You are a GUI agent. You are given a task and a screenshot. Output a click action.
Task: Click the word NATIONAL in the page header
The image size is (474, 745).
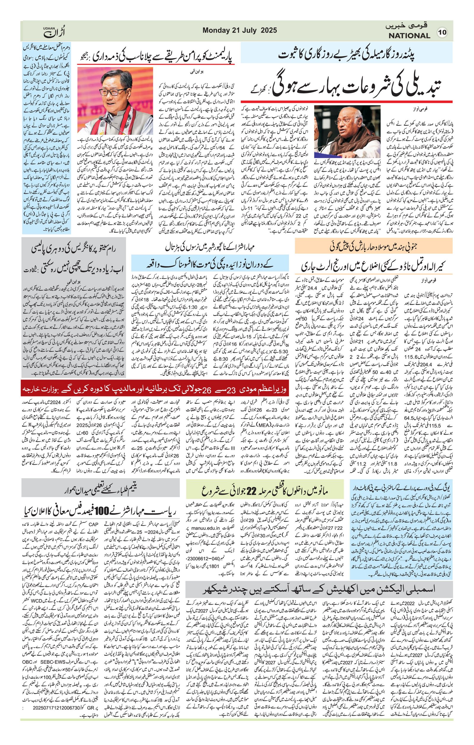409,36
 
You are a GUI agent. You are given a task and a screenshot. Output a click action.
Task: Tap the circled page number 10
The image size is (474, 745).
443,33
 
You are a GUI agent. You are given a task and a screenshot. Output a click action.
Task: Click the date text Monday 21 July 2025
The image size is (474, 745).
240,30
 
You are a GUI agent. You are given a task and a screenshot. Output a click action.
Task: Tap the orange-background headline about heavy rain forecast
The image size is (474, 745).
374,247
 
